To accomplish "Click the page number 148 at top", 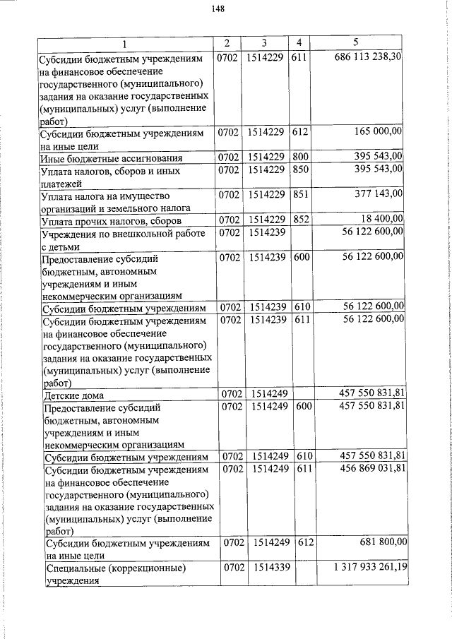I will coord(217,9).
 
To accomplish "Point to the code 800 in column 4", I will coord(300,156).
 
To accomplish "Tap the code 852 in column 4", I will coord(300,219).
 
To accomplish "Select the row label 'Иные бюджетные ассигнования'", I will coord(112,157).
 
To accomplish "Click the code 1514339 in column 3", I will coord(266,567).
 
